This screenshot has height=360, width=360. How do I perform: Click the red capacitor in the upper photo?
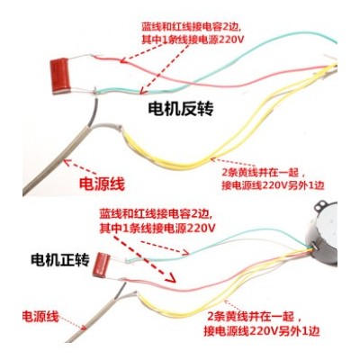click(61, 76)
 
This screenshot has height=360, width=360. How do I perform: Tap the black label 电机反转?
click(181, 110)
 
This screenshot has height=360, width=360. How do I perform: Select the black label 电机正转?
click(60, 260)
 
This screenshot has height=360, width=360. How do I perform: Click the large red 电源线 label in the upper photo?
click(102, 184)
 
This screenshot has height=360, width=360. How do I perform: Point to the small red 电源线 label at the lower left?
click(40, 316)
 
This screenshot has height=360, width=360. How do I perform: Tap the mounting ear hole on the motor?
click(320, 207)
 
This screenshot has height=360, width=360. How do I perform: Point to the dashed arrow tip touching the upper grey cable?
click(65, 162)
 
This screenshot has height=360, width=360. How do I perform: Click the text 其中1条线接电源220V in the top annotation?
click(193, 40)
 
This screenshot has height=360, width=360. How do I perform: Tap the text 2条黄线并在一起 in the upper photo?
click(260, 173)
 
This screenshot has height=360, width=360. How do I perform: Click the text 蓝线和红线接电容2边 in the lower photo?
click(157, 215)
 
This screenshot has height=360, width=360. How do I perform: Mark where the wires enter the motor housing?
click(310, 248)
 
